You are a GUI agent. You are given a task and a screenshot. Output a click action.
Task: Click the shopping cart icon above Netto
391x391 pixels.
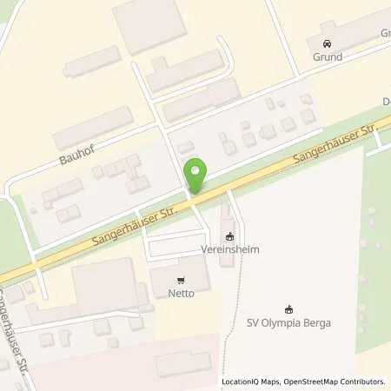tap(181, 281)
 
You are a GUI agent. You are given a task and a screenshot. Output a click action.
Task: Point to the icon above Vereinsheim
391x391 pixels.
tap(229, 236)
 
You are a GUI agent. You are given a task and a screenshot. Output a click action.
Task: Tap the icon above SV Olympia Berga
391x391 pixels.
tap(289, 308)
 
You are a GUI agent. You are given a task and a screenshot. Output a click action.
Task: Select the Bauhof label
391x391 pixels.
tap(76, 160)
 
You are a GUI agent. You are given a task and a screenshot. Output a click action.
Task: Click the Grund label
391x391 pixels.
tap(326, 57)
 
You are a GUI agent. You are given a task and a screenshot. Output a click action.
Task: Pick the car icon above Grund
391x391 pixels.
tap(326, 43)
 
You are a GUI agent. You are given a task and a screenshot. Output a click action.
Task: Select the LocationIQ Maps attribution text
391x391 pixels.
tap(249, 381)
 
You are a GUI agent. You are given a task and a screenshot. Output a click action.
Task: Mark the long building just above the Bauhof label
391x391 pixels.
tap(91, 128)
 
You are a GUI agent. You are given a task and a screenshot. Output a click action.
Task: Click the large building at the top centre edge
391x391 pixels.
tap(149, 15)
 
